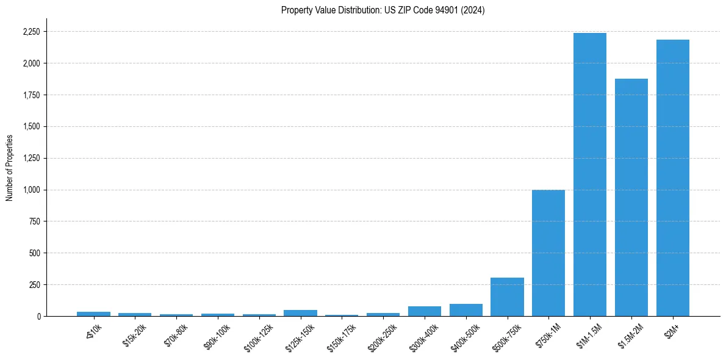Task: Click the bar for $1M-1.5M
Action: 590,175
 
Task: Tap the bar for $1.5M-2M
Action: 631,197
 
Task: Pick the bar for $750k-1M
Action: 548,253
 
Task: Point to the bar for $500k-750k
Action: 507,297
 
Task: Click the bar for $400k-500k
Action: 465,310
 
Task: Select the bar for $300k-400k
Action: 425,311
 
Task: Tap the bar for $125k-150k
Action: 300,313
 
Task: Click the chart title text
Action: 383,10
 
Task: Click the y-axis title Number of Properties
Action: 10,168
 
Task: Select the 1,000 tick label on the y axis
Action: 32,190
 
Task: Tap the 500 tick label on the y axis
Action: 35,253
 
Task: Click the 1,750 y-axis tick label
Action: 32,95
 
